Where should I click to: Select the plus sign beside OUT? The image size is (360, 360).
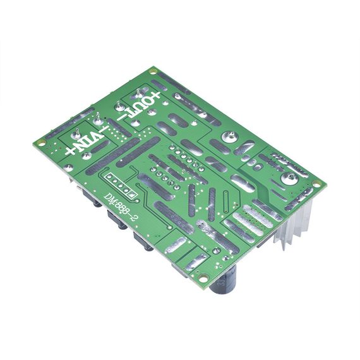[155, 95]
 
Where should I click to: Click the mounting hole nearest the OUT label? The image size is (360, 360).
[152, 71]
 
